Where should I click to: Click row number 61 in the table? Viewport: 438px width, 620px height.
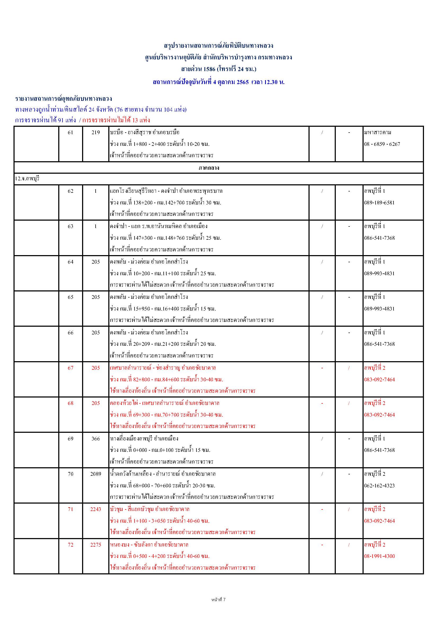coord(70,133)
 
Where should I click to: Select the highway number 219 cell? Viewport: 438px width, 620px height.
coord(96,133)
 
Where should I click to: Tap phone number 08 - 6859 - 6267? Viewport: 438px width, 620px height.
coord(382,144)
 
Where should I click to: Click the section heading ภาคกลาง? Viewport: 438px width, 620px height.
coord(209,168)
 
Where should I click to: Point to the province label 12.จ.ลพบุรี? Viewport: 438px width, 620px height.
coord(27,179)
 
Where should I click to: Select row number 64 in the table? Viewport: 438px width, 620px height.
coord(70,262)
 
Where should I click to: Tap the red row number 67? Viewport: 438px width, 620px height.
coord(70,368)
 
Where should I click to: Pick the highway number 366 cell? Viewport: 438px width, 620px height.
coord(96,439)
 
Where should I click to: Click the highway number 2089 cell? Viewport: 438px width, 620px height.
coord(96,474)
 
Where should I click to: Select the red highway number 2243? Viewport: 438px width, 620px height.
coord(96,509)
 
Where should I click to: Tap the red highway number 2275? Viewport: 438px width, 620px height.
coord(96,545)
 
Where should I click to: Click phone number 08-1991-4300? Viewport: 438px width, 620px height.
coord(379,556)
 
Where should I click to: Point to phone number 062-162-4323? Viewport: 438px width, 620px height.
coord(379,486)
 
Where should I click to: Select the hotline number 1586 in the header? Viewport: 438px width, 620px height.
coord(209,69)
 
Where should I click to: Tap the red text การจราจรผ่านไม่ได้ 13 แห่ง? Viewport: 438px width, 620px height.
coord(116,120)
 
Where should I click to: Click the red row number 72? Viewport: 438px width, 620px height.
coord(70,545)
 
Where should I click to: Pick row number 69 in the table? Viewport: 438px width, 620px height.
coord(70,439)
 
